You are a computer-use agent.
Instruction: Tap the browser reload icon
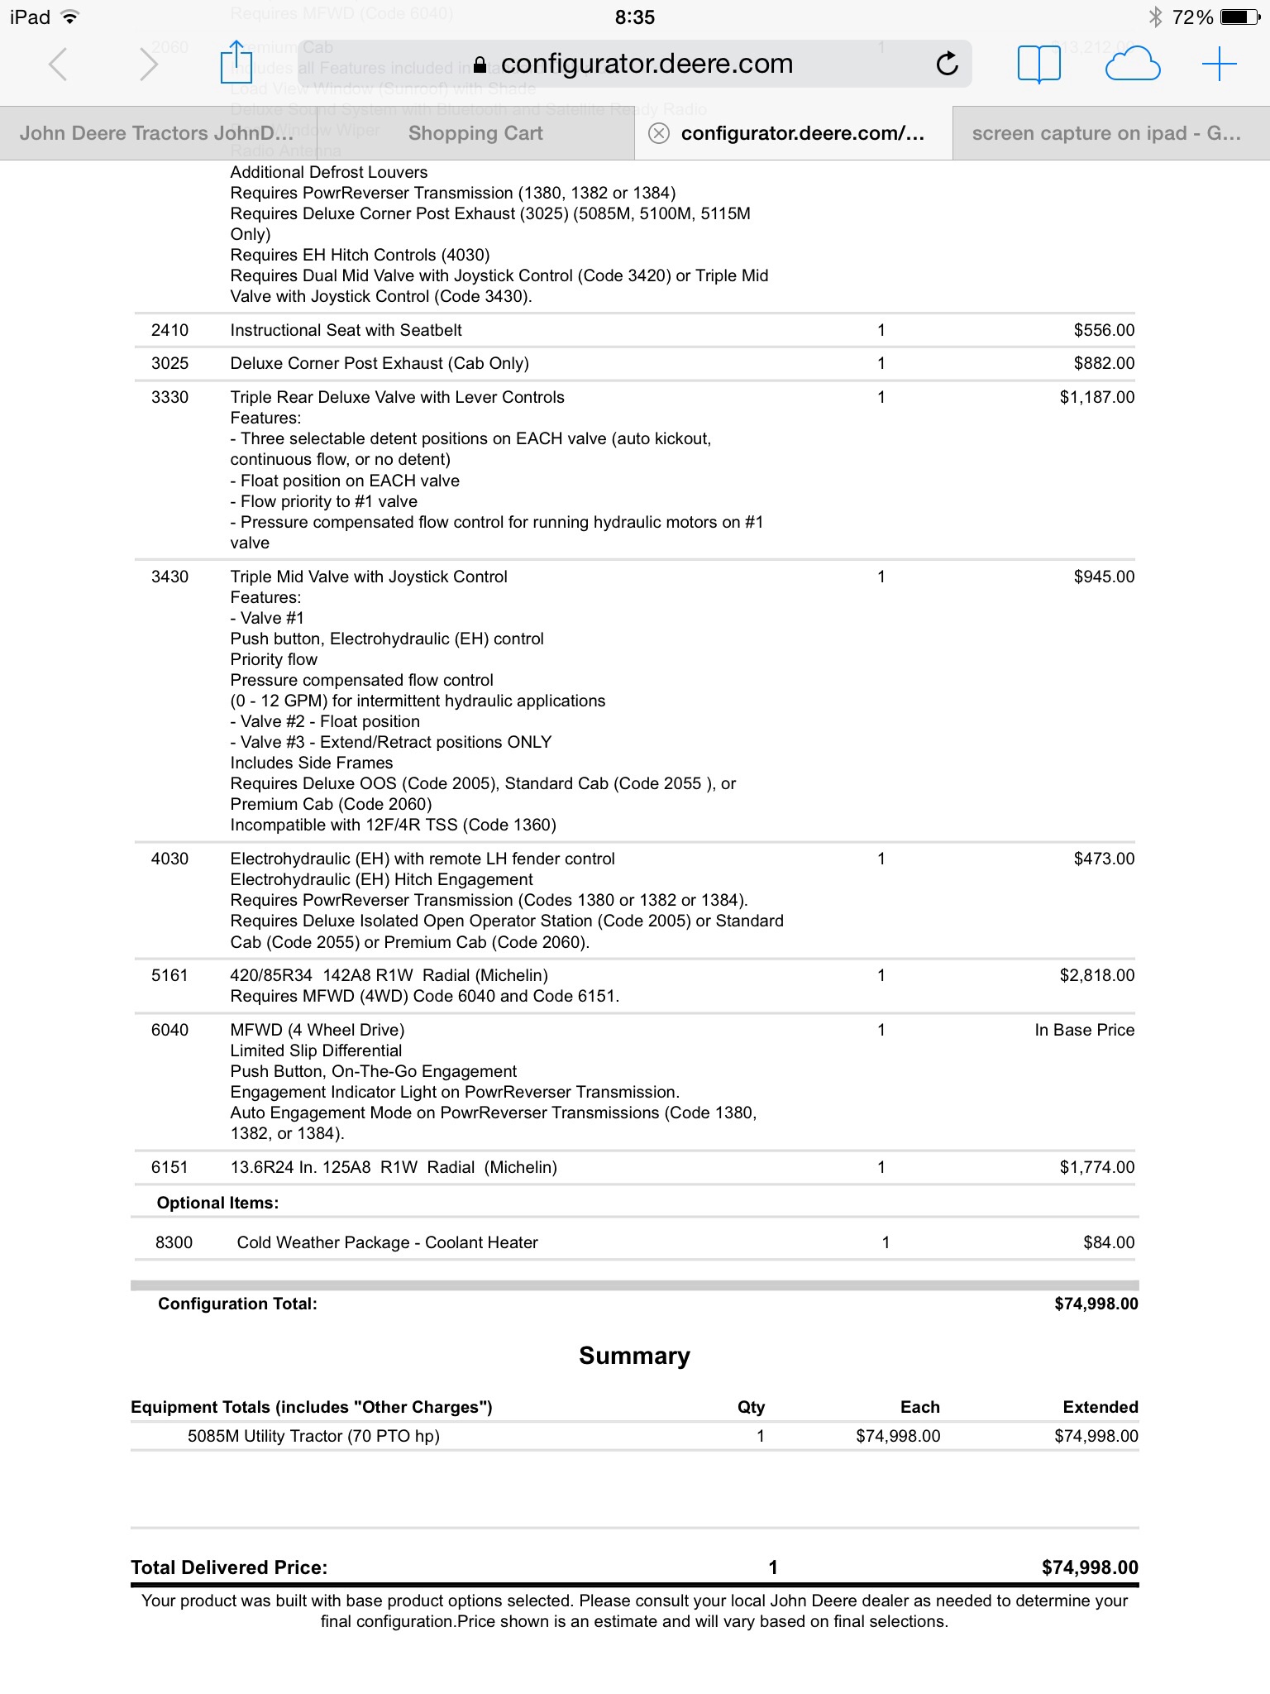pyautogui.click(x=948, y=64)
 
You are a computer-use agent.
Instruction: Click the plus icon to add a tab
pyautogui.click(x=1219, y=64)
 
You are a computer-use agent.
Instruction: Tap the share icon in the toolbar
pyautogui.click(x=236, y=63)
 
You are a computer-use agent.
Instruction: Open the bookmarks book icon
pyautogui.click(x=1038, y=64)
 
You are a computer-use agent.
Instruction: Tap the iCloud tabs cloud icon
pyautogui.click(x=1132, y=64)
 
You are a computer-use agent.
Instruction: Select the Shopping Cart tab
pyautogui.click(x=475, y=133)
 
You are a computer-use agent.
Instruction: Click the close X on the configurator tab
pyautogui.click(x=659, y=133)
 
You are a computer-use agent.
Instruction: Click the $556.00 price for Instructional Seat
pyautogui.click(x=1104, y=330)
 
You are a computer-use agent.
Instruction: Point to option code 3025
pyautogui.click(x=169, y=363)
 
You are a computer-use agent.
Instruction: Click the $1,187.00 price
pyautogui.click(x=1097, y=397)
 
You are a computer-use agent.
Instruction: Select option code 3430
pyautogui.click(x=169, y=577)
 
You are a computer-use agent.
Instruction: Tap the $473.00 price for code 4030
pyautogui.click(x=1104, y=859)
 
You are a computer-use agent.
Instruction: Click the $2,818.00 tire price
pyautogui.click(x=1097, y=975)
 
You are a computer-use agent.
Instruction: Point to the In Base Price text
pyautogui.click(x=1084, y=1030)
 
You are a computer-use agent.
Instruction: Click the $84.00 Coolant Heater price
pyautogui.click(x=1109, y=1242)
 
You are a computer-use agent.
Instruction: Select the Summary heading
pyautogui.click(x=634, y=1356)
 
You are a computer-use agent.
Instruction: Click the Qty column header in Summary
pyautogui.click(x=751, y=1407)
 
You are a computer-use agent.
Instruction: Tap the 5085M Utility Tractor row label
pyautogui.click(x=313, y=1436)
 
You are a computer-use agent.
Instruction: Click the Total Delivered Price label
pyautogui.click(x=229, y=1567)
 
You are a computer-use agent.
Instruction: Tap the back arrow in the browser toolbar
pyautogui.click(x=58, y=64)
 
